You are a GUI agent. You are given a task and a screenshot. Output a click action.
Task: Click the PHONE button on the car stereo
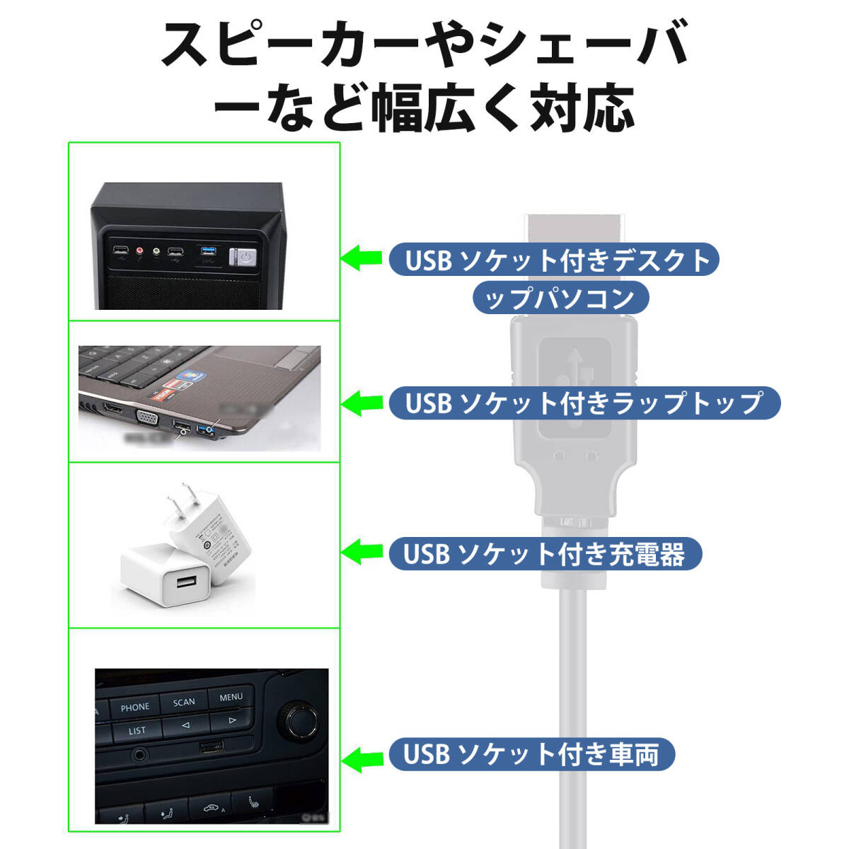(134, 707)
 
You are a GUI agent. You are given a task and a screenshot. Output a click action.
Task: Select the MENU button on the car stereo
(231, 697)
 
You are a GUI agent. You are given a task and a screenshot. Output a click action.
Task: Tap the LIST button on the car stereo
(137, 730)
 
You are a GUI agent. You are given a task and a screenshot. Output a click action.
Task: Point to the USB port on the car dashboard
(211, 747)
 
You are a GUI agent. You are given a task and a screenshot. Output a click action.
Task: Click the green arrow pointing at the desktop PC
(362, 258)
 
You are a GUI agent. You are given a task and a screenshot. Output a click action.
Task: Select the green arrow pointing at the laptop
(362, 403)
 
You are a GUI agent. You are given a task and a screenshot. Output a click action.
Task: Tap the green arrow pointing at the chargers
(362, 552)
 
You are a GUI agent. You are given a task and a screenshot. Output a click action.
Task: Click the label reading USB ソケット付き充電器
(545, 553)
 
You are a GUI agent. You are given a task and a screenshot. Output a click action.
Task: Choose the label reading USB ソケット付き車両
(531, 754)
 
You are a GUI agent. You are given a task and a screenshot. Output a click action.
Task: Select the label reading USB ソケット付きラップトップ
(584, 403)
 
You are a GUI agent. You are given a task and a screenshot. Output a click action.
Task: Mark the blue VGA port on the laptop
(148, 419)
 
